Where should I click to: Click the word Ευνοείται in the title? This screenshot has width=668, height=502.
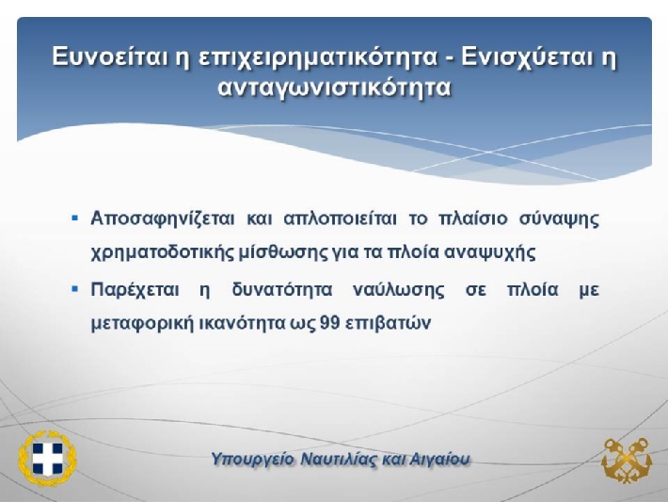[109, 57]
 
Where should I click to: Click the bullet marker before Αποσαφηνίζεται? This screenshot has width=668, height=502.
[75, 219]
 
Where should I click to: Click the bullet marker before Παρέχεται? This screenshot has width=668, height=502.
[75, 289]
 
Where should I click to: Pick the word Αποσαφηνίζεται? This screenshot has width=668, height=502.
[163, 219]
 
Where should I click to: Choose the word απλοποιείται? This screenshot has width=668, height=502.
[340, 219]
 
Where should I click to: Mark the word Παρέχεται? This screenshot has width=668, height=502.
[135, 290]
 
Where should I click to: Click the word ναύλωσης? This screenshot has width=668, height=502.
[399, 290]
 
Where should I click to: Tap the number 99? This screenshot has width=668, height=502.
[329, 323]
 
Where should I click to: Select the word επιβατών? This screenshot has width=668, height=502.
[388, 324]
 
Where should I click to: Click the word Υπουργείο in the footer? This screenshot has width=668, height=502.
[252, 460]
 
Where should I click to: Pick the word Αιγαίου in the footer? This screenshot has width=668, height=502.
[439, 460]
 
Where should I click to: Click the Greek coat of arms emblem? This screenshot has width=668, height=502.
[47, 459]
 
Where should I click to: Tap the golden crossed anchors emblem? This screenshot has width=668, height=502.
[627, 461]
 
